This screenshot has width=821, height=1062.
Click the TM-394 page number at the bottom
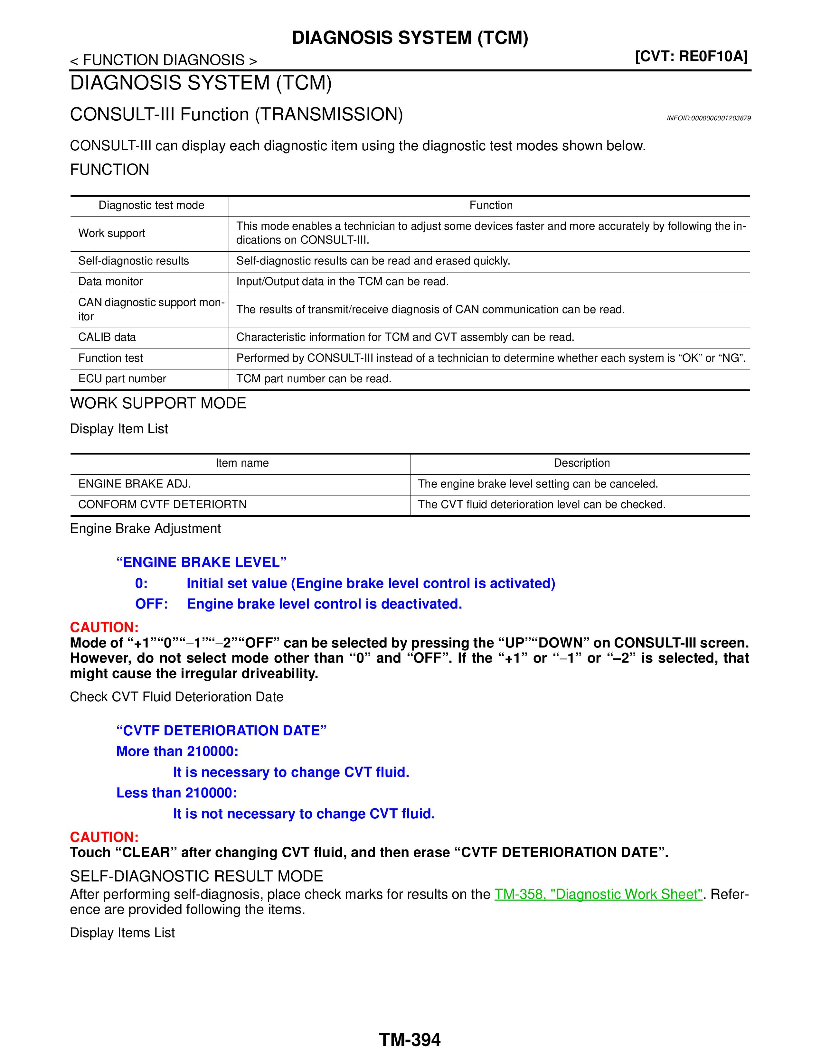click(x=410, y=1039)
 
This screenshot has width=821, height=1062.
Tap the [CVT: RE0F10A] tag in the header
click(x=691, y=56)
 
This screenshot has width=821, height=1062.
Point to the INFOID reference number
click(x=708, y=118)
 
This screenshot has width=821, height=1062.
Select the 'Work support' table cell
click(x=112, y=233)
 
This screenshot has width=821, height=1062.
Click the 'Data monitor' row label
click(x=110, y=282)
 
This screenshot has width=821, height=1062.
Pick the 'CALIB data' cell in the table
click(x=107, y=338)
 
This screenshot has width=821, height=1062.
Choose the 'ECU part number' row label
click(x=122, y=379)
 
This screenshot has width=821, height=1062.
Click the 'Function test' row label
click(x=110, y=359)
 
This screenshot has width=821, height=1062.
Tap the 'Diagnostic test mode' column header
click(x=151, y=205)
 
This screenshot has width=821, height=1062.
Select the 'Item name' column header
click(x=242, y=463)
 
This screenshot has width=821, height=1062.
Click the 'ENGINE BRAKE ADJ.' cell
click(x=135, y=484)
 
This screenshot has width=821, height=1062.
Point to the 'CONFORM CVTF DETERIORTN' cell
click(x=163, y=505)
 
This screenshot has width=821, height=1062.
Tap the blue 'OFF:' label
click(x=151, y=604)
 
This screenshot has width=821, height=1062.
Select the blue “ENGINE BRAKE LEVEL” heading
click(x=201, y=563)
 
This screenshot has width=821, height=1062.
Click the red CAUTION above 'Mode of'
click(x=104, y=627)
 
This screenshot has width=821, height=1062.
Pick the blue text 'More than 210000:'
click(x=177, y=751)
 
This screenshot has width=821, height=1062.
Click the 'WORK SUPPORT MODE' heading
click(x=158, y=403)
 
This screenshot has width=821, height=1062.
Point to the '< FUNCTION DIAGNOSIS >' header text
click(x=164, y=60)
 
